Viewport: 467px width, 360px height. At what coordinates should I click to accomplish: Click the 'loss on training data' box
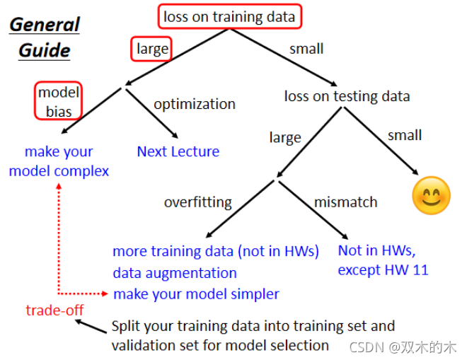coord(229,16)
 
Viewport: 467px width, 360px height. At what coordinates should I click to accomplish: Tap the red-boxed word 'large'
coord(152,49)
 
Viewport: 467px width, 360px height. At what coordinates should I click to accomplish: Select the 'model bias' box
coord(59,101)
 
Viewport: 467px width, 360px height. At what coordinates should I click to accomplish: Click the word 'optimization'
coord(194,104)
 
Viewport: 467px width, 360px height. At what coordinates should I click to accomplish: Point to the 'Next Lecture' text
coord(178,151)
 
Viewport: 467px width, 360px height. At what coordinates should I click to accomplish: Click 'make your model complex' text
coord(59,161)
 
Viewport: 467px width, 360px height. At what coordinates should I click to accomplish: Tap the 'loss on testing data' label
coord(347,96)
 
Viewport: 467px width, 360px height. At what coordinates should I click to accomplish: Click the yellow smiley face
coord(431,195)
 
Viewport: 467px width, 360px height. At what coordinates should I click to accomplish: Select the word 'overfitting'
coord(197,202)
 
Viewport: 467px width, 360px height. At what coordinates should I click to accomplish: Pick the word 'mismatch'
coord(345,202)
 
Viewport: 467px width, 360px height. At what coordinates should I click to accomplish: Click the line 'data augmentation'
coord(175,272)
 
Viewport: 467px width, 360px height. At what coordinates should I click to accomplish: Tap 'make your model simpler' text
coord(196,294)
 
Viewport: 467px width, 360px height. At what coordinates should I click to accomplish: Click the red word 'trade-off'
coord(54,310)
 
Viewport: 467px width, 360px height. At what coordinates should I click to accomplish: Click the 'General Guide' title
coord(44,37)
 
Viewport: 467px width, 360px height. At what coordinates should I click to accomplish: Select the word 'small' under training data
coord(306,49)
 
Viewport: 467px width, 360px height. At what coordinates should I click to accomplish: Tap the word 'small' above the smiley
coord(405,135)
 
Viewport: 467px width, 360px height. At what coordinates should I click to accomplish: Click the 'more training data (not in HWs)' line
coord(216,251)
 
